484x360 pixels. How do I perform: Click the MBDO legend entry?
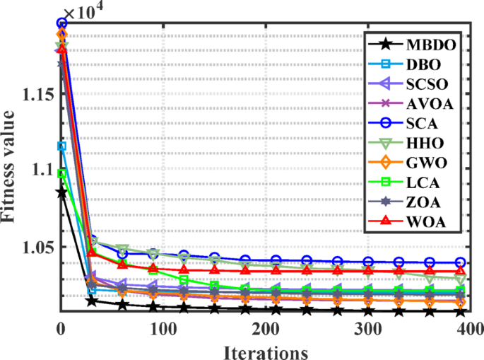(429, 45)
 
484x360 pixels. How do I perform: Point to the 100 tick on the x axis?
(163, 328)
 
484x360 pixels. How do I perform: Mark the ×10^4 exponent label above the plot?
(82, 12)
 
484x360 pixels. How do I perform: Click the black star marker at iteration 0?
(61, 192)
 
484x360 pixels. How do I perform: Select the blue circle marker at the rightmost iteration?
(460, 262)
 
